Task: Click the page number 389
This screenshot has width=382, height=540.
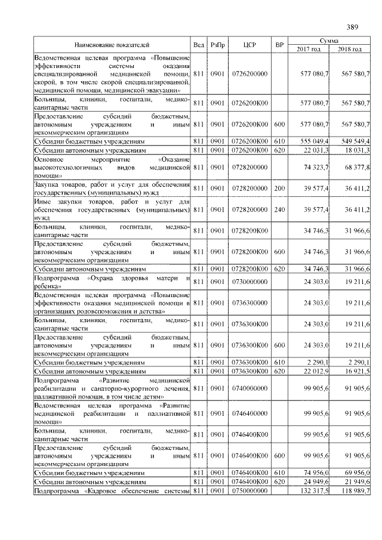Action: [352, 27]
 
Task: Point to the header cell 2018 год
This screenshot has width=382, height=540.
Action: [350, 49]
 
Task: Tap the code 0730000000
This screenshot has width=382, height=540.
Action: [249, 282]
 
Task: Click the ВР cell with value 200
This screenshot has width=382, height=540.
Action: [278, 188]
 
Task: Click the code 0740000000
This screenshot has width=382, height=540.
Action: [249, 388]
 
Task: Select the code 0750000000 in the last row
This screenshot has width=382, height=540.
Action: [249, 490]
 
